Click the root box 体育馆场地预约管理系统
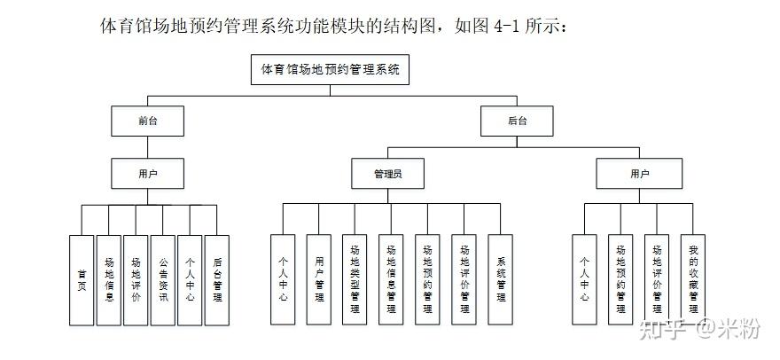pos(330,70)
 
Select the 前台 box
pos(147,121)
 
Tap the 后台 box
pos(517,121)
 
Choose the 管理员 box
pos(388,174)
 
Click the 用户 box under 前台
pos(147,174)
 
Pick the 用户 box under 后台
pos(639,174)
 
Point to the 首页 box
pos(82,280)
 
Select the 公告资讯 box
pos(163,280)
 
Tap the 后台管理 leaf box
pos(217,280)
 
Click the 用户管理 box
pos(319,280)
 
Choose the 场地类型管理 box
pos(355,280)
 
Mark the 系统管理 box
pos(501,280)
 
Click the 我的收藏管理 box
pos(693,280)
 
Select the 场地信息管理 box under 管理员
pos(391,280)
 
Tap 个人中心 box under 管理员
pos(283,280)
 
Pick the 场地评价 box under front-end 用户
pos(136,280)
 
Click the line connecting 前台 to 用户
pos(147,147)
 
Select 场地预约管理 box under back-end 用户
pos(620,280)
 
